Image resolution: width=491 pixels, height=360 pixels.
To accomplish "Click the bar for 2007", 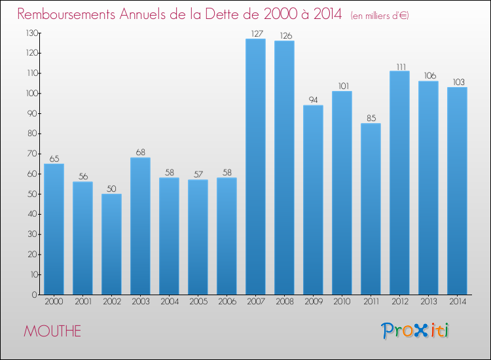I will pos(255,167).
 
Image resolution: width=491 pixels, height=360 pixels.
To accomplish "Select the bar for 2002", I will pos(111,244).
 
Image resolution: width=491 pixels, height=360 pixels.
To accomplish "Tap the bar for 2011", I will pos(371,209).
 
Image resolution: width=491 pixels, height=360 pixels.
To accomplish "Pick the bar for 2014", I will pos(457,190).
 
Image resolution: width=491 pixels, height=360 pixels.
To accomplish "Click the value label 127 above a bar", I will pos(255,33).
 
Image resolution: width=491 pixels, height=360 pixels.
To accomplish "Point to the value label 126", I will pos(284,35).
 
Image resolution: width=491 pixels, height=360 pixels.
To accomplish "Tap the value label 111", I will pos(399,65).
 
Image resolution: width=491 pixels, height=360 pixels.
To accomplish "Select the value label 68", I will pos(140,152).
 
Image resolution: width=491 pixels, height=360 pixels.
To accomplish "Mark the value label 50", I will pos(111,189).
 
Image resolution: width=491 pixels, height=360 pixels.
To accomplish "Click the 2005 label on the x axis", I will pos(198,302).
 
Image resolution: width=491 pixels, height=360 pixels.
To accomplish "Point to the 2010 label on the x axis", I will pos(342,302).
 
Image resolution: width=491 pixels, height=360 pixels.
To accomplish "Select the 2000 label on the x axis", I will pos(54,302).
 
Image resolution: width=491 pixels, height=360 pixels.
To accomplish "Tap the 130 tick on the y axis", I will pos(30,33).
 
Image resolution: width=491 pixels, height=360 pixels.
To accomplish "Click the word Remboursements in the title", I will pos(71,14).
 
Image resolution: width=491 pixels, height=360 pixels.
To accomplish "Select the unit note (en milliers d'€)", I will pos(380,15).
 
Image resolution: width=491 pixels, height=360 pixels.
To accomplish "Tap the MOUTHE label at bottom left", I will pos(52,331).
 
